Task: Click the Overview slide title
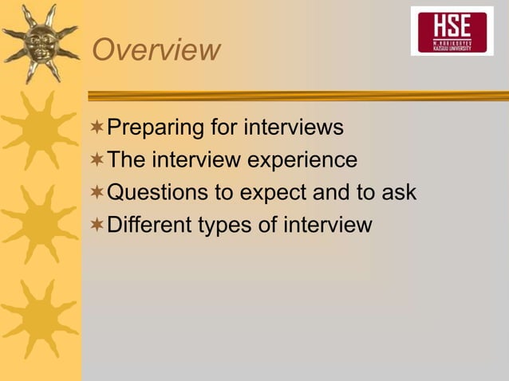click(156, 49)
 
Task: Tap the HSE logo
click(452, 31)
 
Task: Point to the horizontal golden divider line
click(295, 96)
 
